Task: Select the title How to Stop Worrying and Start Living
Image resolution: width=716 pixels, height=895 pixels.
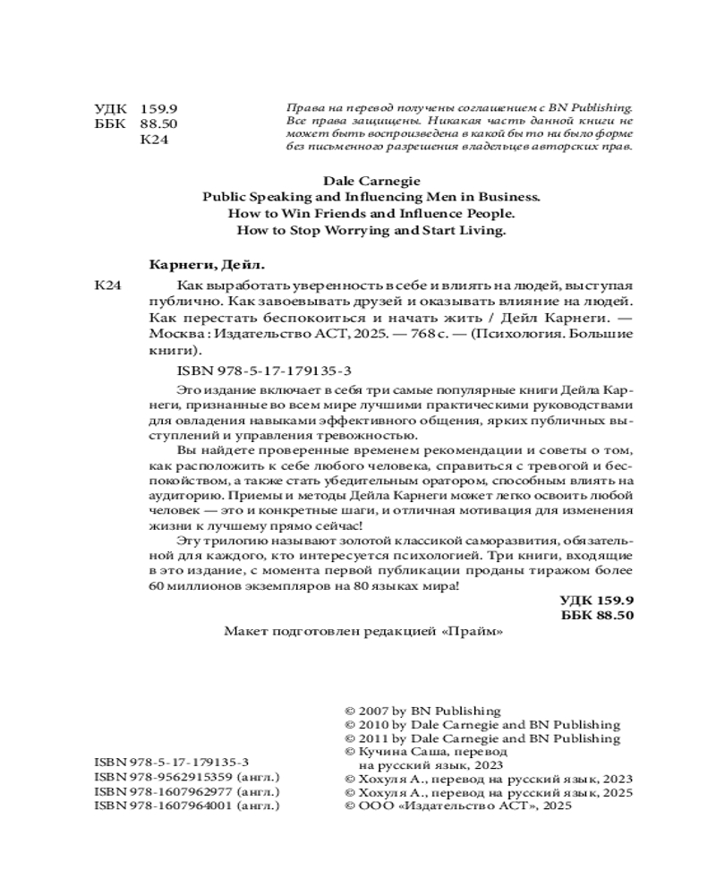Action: (x=358, y=230)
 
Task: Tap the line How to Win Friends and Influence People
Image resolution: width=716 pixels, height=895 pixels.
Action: (x=358, y=214)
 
